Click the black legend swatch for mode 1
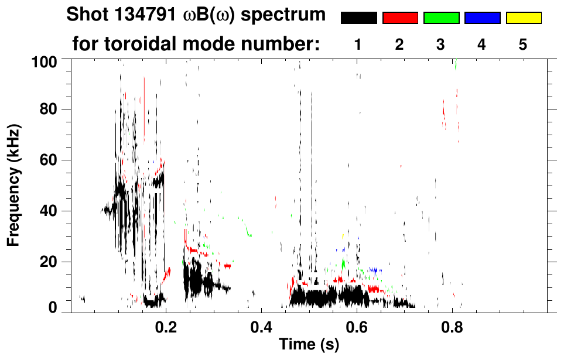click(358, 18)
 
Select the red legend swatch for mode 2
click(400, 18)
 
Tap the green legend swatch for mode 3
click(441, 18)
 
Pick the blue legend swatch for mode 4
click(482, 18)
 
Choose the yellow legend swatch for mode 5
click(523, 18)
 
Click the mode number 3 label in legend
click(441, 44)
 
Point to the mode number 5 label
click(523, 44)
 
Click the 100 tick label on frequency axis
click(45, 61)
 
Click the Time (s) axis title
click(308, 345)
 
